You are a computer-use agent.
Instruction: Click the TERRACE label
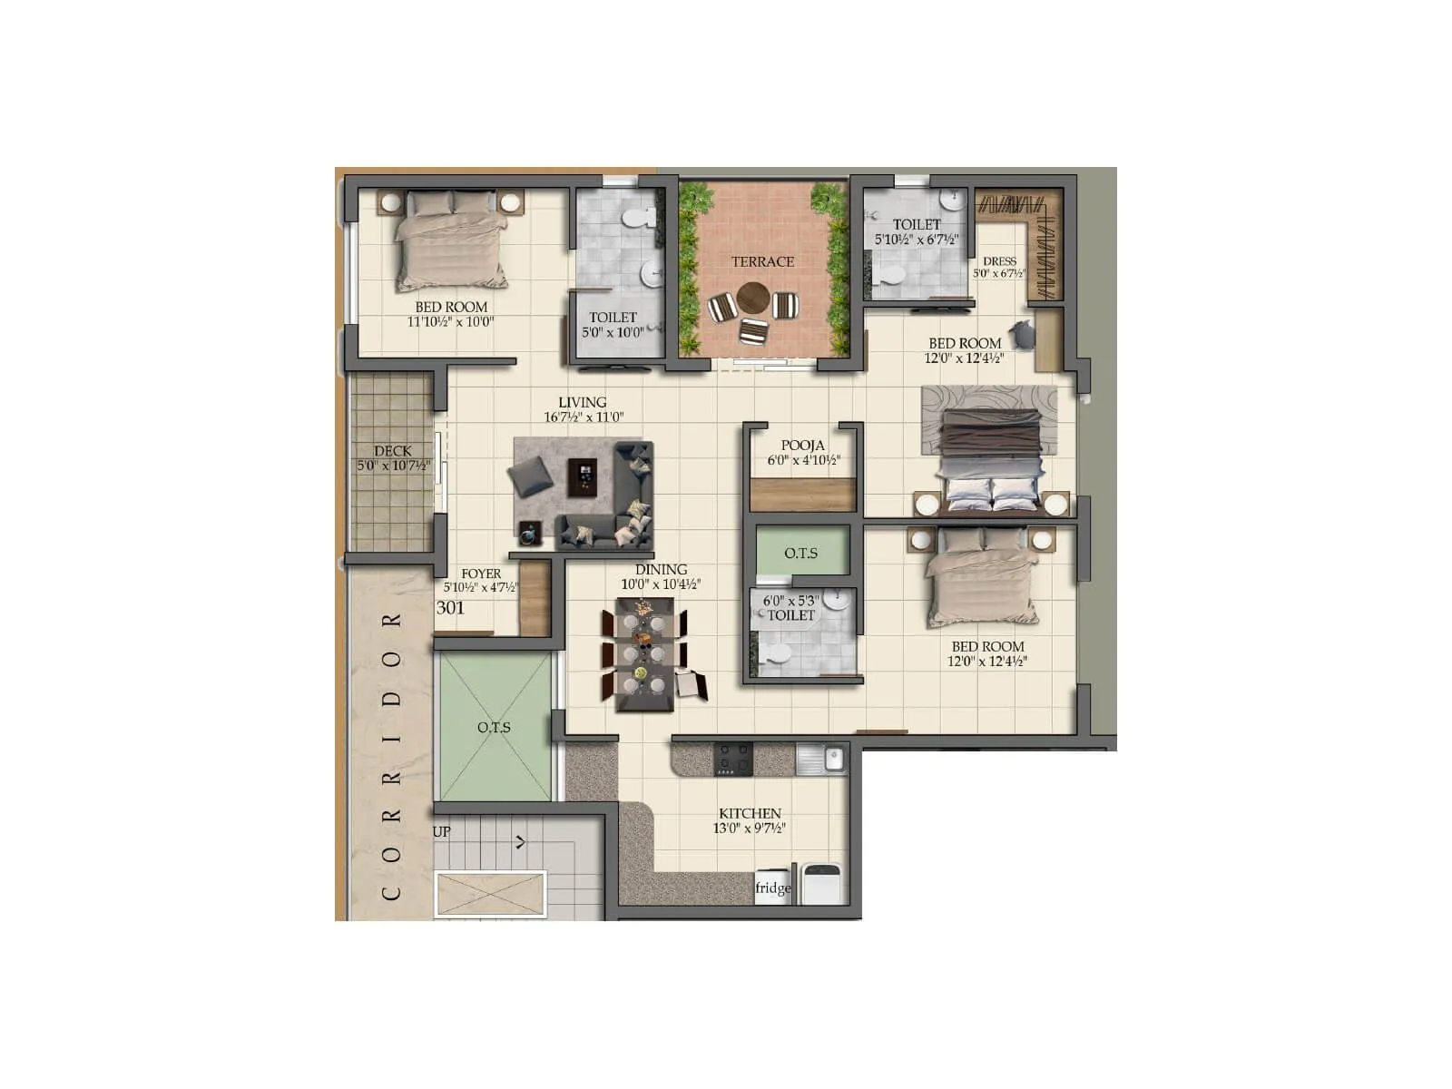pyautogui.click(x=762, y=261)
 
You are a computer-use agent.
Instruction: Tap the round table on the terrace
pyautogui.click(x=752, y=297)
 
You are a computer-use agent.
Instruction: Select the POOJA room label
pyautogui.click(x=803, y=445)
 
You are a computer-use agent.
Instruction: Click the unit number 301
pyautogui.click(x=450, y=608)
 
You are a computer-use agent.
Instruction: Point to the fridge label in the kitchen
pyautogui.click(x=772, y=888)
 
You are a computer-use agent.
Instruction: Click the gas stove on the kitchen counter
pyautogui.click(x=732, y=759)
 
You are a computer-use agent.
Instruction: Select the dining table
pyautogui.click(x=644, y=653)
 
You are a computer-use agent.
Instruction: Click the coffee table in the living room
pyautogui.click(x=582, y=476)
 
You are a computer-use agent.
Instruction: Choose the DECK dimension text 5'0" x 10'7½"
pyautogui.click(x=393, y=466)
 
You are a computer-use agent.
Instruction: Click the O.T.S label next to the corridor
pyautogui.click(x=494, y=727)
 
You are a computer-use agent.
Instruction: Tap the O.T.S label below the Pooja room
pyautogui.click(x=800, y=553)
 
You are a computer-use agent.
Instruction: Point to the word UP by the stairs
pyautogui.click(x=441, y=831)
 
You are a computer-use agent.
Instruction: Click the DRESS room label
pyautogui.click(x=999, y=260)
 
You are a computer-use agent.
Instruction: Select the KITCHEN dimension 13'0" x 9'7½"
pyautogui.click(x=749, y=828)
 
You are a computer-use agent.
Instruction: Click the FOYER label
pyautogui.click(x=480, y=574)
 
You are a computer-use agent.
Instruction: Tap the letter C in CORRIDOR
pyautogui.click(x=391, y=893)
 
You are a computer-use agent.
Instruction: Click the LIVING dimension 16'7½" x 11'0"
pyautogui.click(x=584, y=417)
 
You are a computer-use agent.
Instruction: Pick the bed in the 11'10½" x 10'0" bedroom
pyautogui.click(x=451, y=243)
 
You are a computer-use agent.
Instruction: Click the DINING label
pyautogui.click(x=661, y=569)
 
